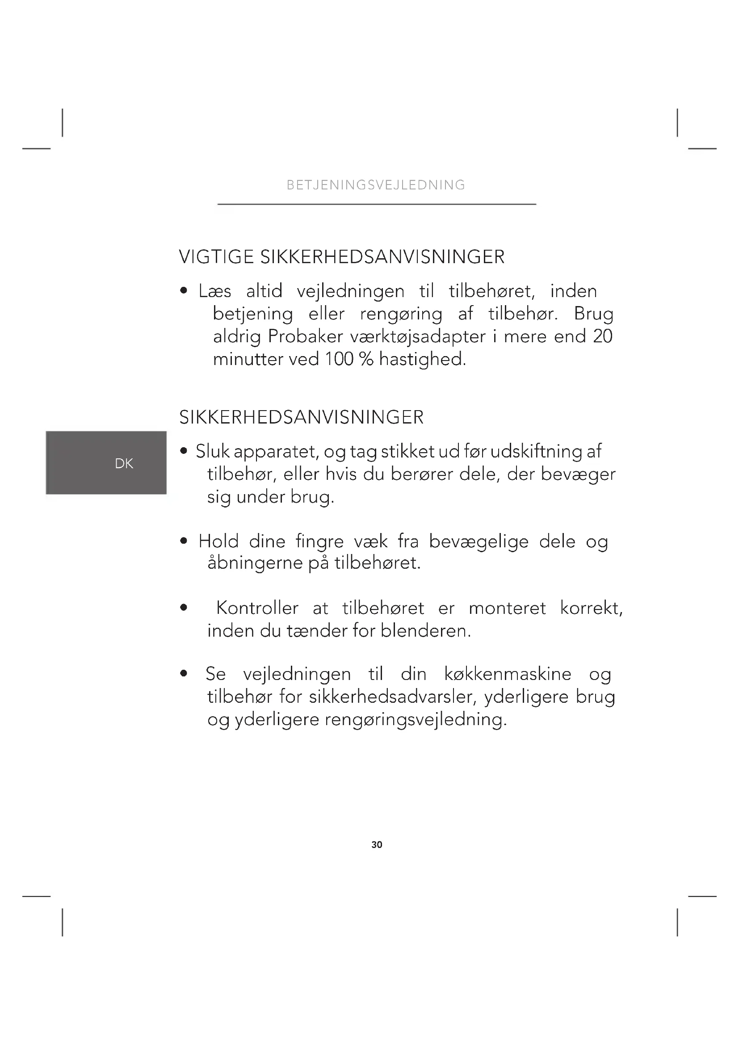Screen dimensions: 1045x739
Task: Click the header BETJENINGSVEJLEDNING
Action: (376, 185)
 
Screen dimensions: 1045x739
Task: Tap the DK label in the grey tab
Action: (124, 463)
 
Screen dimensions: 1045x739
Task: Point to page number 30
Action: (377, 845)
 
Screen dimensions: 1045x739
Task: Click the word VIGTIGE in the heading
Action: (216, 257)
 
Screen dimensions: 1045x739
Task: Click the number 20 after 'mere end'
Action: (603, 336)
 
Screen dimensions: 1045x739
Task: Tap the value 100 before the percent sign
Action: (339, 359)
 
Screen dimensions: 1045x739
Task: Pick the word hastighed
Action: (422, 359)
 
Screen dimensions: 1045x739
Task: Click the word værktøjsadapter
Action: (418, 337)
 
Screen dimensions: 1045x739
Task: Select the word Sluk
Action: (213, 451)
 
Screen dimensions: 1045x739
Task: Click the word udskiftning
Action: (537, 451)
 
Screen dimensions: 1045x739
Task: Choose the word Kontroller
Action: (257, 608)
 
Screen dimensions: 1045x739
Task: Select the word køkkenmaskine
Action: (508, 674)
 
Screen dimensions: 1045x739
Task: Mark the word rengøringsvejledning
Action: (416, 720)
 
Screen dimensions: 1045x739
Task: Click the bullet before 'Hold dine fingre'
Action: (184, 541)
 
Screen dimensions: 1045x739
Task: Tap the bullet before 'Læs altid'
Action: (184, 291)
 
